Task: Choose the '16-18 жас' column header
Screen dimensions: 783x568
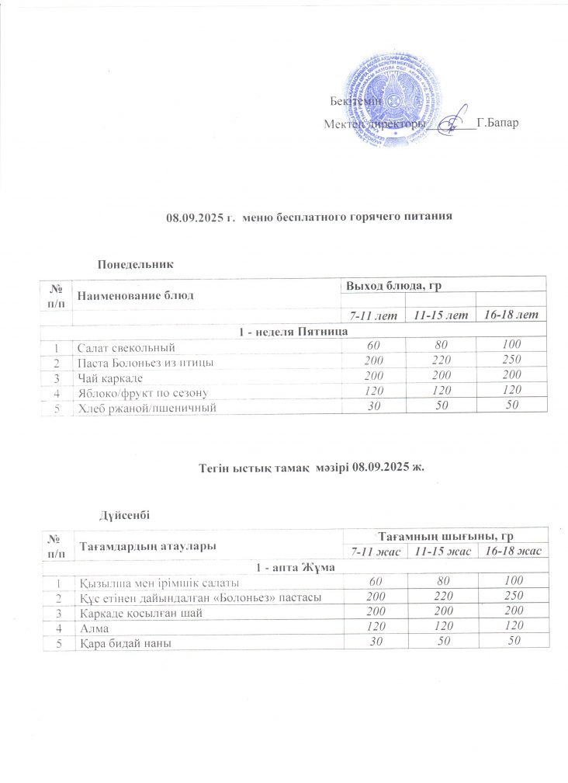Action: coord(511,551)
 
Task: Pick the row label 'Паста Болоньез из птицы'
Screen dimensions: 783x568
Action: coord(144,362)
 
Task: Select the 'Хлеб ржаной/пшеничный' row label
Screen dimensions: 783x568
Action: coord(144,407)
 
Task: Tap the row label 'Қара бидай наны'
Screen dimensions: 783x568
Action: coord(119,643)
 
